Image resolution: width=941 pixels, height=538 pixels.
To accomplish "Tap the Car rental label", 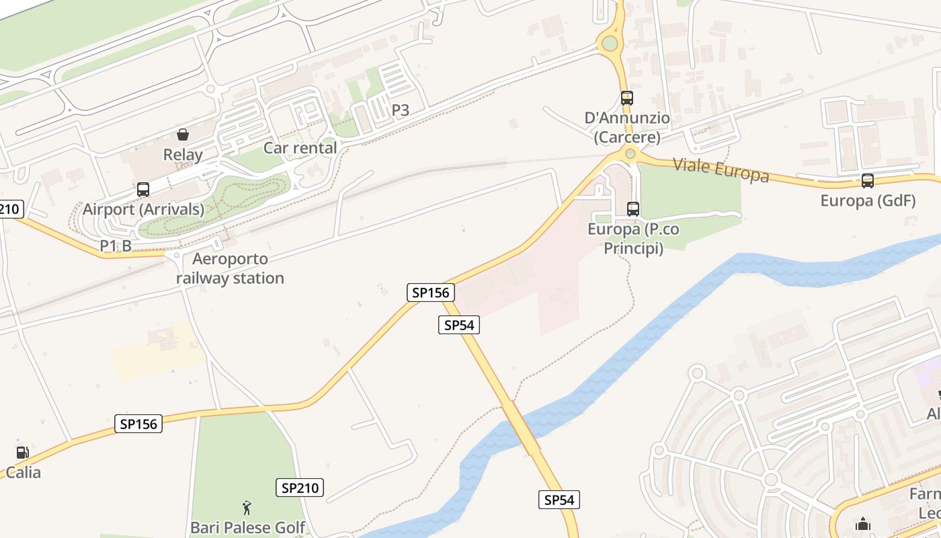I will click(x=300, y=148).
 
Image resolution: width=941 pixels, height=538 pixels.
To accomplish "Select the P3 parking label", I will click(x=400, y=110).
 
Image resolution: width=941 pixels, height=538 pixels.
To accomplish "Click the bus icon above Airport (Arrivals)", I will click(x=143, y=190).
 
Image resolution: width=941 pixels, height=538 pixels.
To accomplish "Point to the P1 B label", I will click(x=116, y=246).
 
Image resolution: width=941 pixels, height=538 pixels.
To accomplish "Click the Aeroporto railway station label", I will click(x=230, y=268).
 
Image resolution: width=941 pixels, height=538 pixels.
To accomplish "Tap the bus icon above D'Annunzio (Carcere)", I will click(x=627, y=98).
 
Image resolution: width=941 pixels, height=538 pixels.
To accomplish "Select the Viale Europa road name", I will click(x=721, y=169).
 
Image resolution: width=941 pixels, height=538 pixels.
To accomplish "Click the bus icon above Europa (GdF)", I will click(x=868, y=181).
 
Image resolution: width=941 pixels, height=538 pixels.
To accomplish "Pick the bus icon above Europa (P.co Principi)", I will click(x=632, y=209).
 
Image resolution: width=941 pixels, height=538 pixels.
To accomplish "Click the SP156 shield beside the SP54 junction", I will click(x=431, y=293).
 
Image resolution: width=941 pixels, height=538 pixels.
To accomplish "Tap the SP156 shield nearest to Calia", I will click(x=138, y=424).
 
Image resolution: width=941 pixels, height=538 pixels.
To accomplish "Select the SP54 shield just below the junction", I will click(x=460, y=325).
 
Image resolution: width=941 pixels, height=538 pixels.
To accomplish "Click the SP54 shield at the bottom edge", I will click(x=559, y=500).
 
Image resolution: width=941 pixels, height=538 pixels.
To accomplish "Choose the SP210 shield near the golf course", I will click(x=300, y=488).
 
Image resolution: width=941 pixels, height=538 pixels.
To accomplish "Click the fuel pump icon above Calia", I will click(x=22, y=453).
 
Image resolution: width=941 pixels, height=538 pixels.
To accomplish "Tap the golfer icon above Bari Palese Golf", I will click(x=247, y=508).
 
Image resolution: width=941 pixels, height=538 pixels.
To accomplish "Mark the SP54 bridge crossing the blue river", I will click(x=521, y=428).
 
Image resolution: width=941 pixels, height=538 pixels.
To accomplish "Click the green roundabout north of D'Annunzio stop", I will click(x=610, y=44).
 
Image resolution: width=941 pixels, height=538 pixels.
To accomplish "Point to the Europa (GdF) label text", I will click(x=868, y=201).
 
